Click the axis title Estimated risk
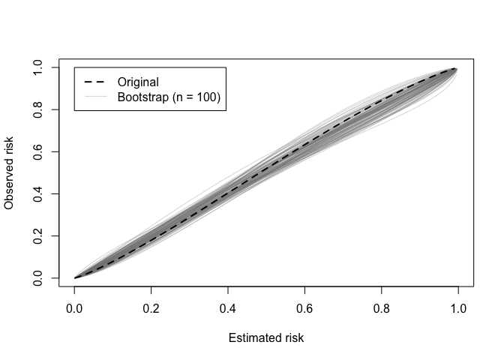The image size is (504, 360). click(266, 338)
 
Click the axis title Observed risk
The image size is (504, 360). click(10, 173)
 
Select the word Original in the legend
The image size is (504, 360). click(138, 82)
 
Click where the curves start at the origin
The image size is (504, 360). click(75, 277)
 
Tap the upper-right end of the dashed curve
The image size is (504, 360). click(457, 68)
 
